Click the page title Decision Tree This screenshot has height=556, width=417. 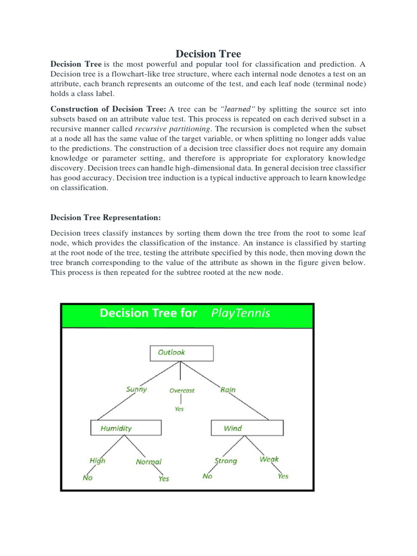[208, 54]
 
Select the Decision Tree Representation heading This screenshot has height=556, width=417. [106, 217]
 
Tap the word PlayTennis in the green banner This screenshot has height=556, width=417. [240, 313]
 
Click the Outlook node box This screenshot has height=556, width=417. [181, 353]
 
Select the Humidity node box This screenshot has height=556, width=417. [125, 428]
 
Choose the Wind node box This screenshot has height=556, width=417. [247, 428]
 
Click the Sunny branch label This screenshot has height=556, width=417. [136, 389]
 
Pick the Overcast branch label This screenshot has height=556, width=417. [181, 390]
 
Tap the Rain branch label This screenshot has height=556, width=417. [228, 389]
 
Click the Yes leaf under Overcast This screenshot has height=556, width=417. [179, 409]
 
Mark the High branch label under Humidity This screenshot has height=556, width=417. [98, 460]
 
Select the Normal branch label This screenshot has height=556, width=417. [149, 462]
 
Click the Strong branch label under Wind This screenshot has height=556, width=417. [226, 460]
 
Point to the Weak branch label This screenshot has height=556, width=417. [269, 459]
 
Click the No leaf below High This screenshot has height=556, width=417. [87, 478]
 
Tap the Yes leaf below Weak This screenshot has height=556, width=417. [283, 476]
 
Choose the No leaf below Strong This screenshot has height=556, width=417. [207, 476]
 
